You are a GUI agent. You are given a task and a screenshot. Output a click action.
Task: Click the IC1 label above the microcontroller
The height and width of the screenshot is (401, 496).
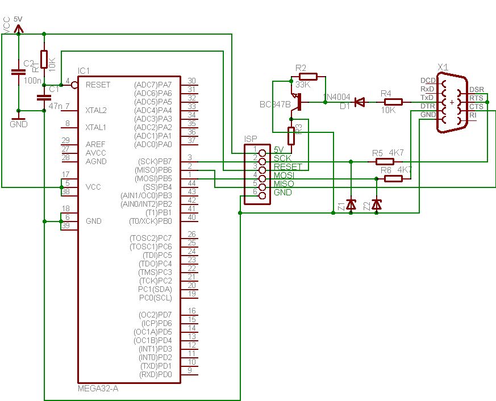[x=84, y=70]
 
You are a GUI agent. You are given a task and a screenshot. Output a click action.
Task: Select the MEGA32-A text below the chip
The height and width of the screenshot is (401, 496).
[x=98, y=389]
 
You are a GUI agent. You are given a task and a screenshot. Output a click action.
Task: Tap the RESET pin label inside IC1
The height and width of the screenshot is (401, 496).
[x=98, y=85]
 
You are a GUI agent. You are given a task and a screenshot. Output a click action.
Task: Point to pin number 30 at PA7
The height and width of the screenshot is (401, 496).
[x=191, y=81]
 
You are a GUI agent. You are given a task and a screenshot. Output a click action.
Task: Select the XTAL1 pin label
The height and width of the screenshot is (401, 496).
[x=96, y=127]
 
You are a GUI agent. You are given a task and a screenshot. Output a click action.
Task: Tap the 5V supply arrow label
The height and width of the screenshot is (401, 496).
[x=18, y=19]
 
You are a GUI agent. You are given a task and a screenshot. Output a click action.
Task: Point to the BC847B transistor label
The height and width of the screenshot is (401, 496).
[x=274, y=105]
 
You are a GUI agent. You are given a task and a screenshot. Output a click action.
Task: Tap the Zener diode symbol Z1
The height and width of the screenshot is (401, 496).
[x=351, y=203]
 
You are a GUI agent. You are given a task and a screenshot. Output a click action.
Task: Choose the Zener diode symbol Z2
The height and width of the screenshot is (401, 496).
[x=376, y=203]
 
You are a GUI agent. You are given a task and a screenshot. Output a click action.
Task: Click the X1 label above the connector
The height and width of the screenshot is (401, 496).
[x=444, y=66]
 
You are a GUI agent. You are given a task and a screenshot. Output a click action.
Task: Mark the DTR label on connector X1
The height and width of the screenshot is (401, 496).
[x=427, y=106]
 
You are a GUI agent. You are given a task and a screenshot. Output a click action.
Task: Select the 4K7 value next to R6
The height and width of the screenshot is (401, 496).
[x=404, y=170]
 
